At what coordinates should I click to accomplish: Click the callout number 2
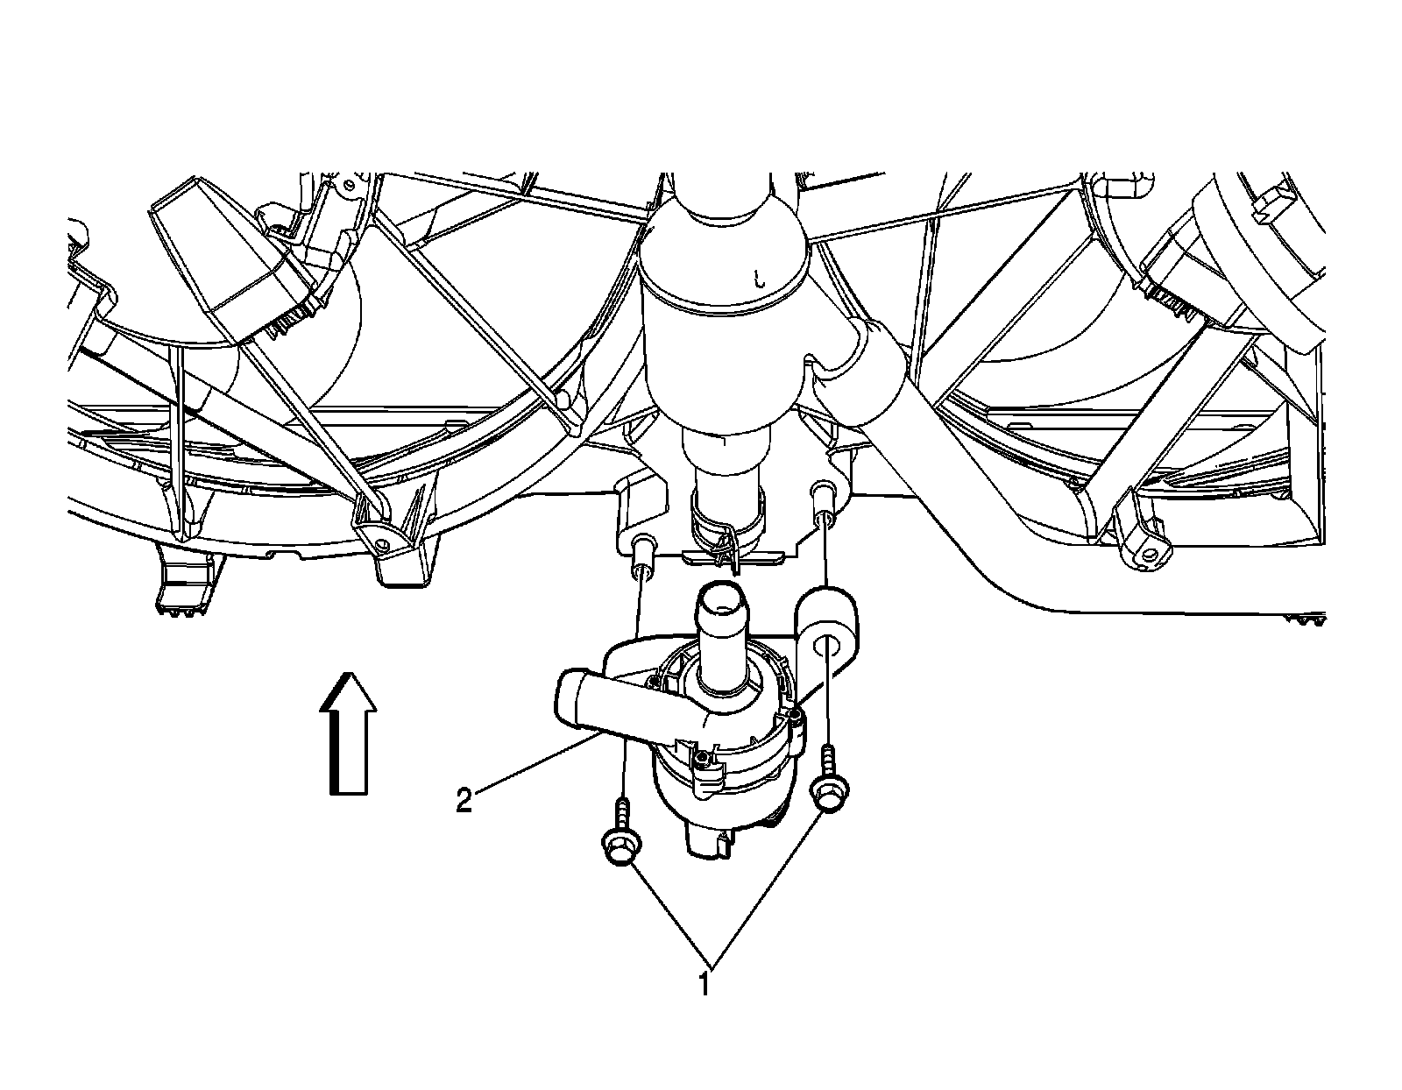pyautogui.click(x=464, y=801)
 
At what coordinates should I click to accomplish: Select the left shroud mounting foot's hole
pyautogui.click(x=383, y=549)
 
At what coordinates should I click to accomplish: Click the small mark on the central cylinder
pyautogui.click(x=760, y=280)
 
